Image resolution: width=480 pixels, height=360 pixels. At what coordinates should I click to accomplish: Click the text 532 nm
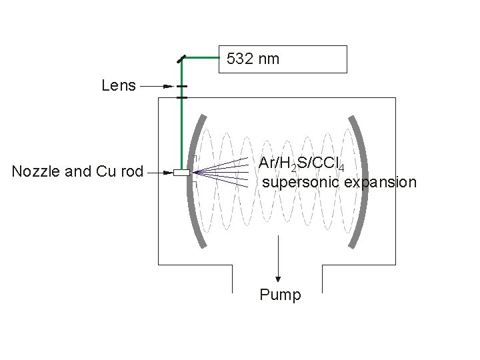[253, 59]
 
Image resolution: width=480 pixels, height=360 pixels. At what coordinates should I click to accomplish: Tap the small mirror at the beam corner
[181, 59]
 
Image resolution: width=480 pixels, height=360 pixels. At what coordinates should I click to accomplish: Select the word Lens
[119, 85]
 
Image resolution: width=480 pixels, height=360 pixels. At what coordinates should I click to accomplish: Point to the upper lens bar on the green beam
[181, 87]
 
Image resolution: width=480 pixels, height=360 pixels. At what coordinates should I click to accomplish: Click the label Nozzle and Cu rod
[78, 172]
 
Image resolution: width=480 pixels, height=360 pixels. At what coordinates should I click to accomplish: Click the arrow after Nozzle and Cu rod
[160, 173]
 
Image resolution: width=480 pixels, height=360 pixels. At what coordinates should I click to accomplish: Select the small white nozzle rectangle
[181, 173]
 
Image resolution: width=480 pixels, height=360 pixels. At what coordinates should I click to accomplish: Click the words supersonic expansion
[339, 182]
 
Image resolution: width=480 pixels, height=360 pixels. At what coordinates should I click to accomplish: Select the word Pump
[280, 295]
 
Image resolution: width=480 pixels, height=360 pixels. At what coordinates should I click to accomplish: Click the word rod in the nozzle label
[132, 172]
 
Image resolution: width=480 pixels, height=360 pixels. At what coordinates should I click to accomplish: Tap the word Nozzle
[33, 172]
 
